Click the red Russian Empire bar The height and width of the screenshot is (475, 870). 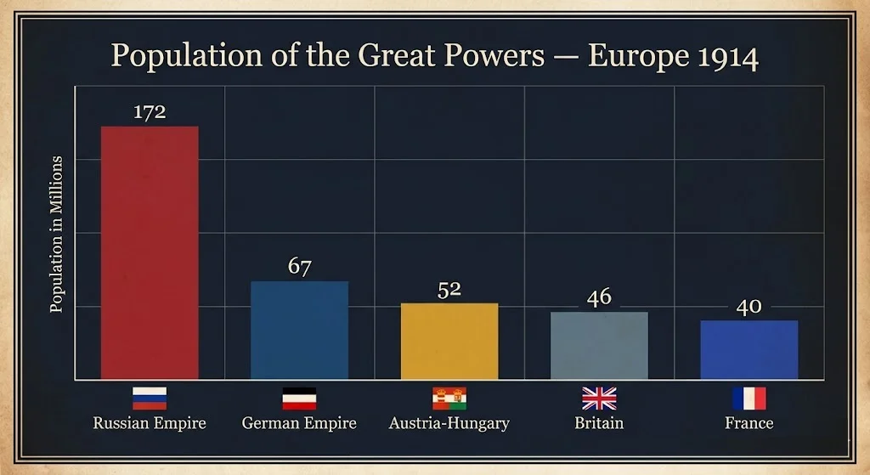tap(150, 252)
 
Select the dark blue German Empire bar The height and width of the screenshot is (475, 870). tap(299, 330)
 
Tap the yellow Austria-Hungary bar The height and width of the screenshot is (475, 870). tap(449, 341)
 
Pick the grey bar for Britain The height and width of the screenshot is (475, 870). tap(599, 345)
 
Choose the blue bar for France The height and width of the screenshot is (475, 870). tap(749, 349)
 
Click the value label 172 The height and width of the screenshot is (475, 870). tap(150, 112)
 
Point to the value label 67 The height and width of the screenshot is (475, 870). tap(299, 267)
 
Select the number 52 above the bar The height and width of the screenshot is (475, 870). tap(449, 289)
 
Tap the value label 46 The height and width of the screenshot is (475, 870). tap(599, 297)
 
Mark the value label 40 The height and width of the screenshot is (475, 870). tap(749, 307)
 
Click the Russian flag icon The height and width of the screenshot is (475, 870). tap(150, 399)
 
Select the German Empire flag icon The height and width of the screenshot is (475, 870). tap(299, 399)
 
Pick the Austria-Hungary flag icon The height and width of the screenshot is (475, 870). tap(449, 399)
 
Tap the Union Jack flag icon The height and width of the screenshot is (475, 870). tap(599, 399)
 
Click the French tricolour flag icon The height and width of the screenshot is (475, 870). tap(749, 399)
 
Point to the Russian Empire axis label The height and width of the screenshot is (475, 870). tap(150, 423)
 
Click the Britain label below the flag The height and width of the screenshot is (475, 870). tap(599, 423)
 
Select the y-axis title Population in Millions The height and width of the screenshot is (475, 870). tap(57, 234)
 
